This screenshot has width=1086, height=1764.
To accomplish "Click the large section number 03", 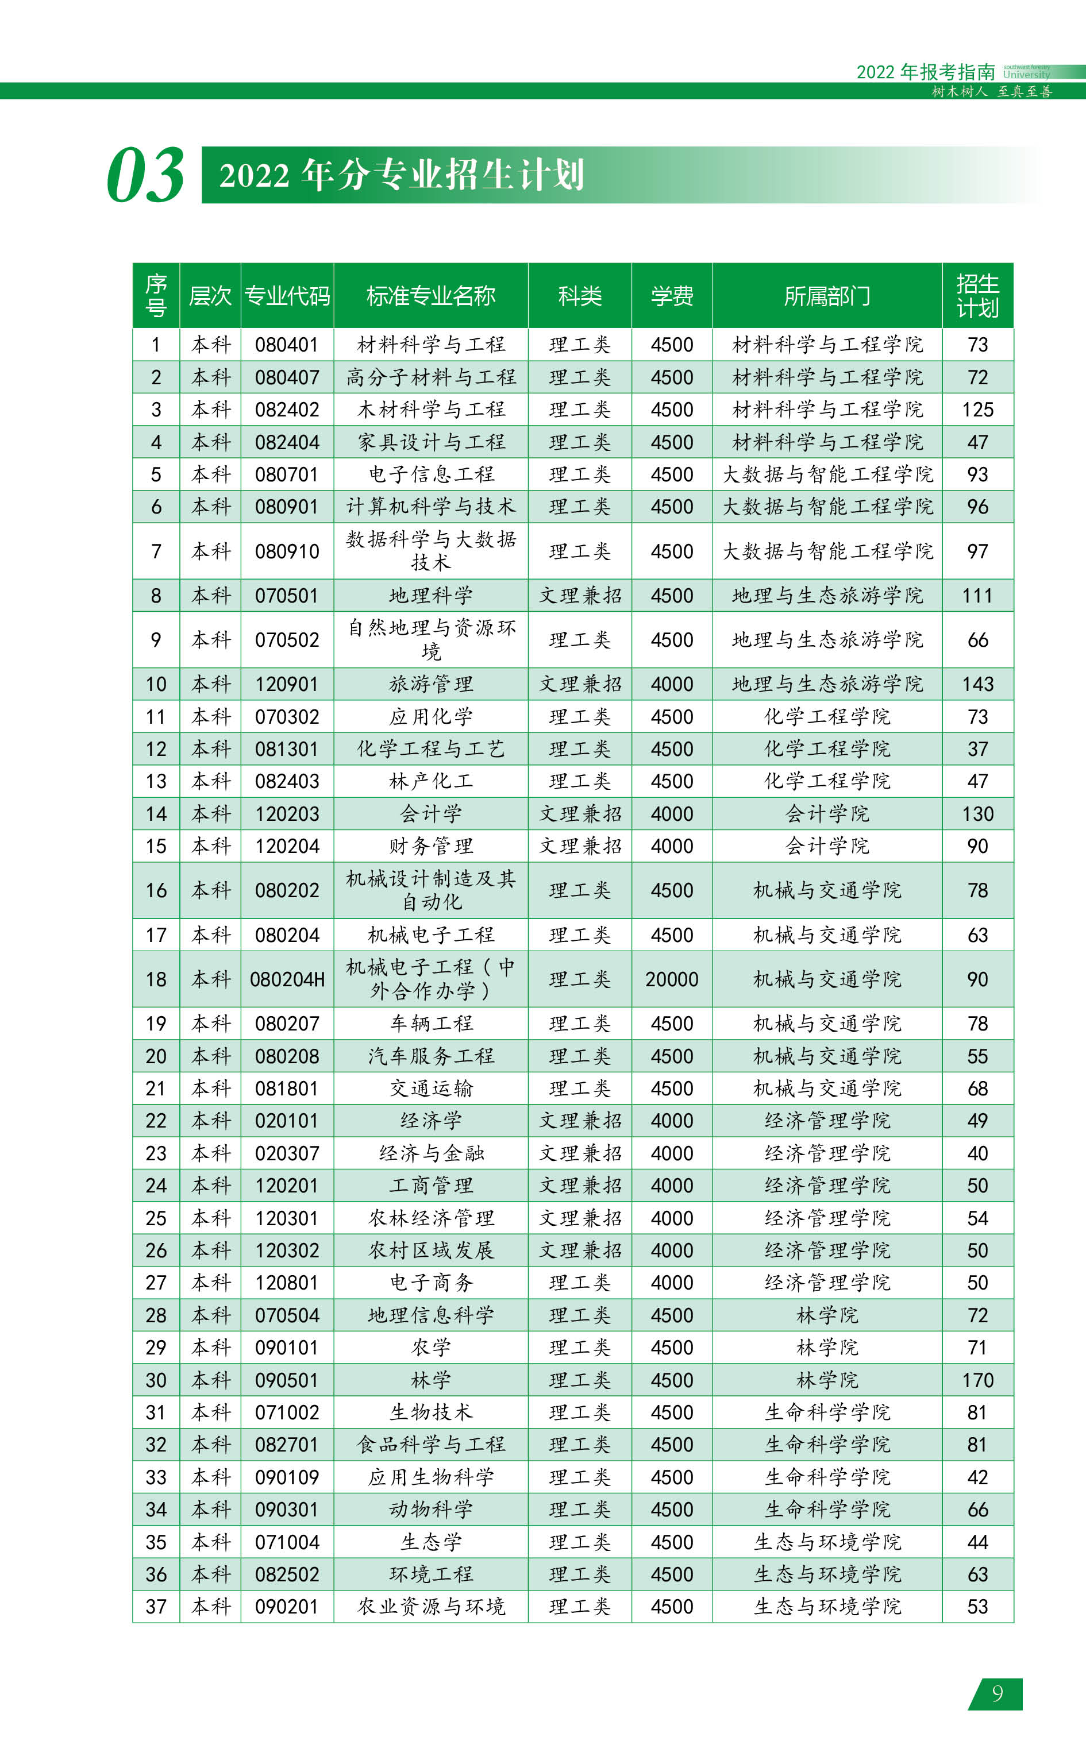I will (x=146, y=175).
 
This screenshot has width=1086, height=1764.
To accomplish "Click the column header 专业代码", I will (x=287, y=296).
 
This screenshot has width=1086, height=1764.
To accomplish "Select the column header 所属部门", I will (x=827, y=296).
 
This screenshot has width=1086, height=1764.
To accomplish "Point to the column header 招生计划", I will (x=977, y=296).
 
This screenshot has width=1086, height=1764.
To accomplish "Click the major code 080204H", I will (x=287, y=979).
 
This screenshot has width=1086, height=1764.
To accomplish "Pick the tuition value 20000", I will (x=672, y=979).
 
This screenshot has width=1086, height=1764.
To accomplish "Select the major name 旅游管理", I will (x=431, y=684).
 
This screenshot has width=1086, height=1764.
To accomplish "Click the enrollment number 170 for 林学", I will (x=977, y=1380).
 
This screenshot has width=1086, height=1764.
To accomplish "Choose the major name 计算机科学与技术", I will (x=431, y=507).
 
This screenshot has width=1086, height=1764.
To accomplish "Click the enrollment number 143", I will (x=977, y=684).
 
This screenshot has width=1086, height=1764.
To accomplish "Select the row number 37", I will (x=156, y=1607).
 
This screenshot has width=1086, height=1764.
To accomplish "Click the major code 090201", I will (x=287, y=1607).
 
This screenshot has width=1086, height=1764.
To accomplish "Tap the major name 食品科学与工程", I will (x=431, y=1445).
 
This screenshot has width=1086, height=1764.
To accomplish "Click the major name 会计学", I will (x=431, y=814).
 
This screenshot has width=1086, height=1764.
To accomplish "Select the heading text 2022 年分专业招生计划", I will (x=402, y=175).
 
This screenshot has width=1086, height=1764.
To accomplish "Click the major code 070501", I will (x=287, y=596).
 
